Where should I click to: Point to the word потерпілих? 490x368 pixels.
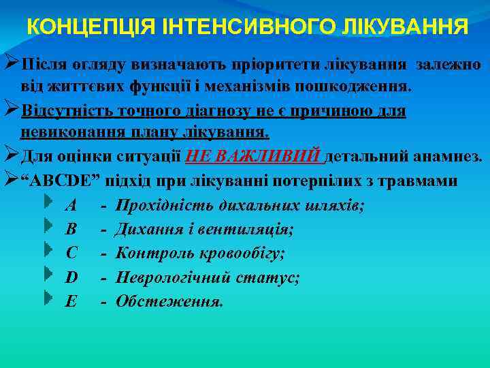(324, 181)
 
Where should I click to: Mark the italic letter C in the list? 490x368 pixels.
(71, 253)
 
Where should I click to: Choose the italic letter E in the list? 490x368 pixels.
(71, 301)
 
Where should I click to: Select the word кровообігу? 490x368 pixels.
(241, 253)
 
